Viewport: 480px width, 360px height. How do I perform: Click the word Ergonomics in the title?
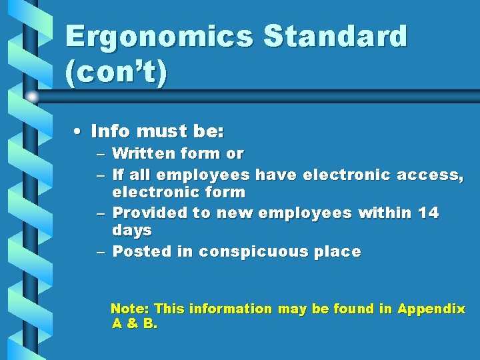[159, 36]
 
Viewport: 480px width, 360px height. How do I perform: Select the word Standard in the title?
[335, 36]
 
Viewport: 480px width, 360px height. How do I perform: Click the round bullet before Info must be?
[79, 129]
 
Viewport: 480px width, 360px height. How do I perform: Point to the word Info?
[111, 129]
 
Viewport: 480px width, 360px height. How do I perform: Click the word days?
[132, 231]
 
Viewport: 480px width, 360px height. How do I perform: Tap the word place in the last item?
[339, 252]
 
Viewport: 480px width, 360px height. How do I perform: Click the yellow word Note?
[130, 309]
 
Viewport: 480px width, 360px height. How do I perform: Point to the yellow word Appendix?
[431, 309]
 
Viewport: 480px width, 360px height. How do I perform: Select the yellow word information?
[231, 309]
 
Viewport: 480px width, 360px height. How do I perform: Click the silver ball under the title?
[31, 97]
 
